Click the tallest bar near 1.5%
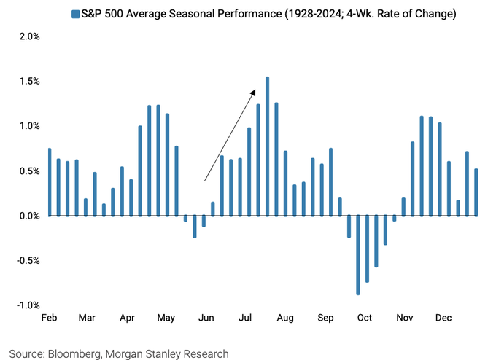tap(268, 146)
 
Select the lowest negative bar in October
tap(358, 255)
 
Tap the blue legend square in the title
tap(74, 14)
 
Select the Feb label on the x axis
tap(49, 318)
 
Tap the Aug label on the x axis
tap(285, 318)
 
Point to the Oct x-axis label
tap(364, 318)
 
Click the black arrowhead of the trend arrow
tap(252, 92)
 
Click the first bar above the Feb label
tap(50, 182)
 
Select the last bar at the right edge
tap(476, 192)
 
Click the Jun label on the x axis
tap(206, 318)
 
